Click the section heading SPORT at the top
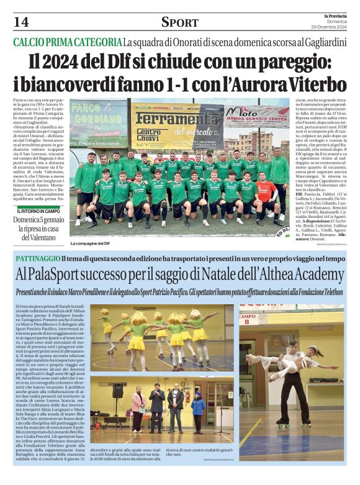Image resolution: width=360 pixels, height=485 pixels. pos(179,22)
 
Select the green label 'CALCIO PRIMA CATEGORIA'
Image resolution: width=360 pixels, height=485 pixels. pos(68,43)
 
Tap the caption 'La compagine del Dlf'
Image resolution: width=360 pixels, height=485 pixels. pos(92,243)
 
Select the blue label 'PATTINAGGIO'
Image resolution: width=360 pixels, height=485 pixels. pos(37,258)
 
